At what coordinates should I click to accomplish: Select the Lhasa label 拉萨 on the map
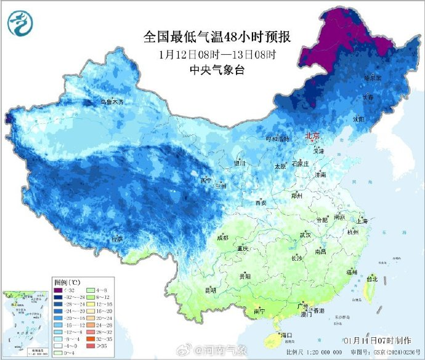pyautogui.click(x=117, y=238)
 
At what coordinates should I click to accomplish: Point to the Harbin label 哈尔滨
pyautogui.click(x=373, y=78)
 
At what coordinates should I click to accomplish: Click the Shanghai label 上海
pyautogui.click(x=362, y=221)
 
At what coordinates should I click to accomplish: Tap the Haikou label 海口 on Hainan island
pyautogui.click(x=285, y=335)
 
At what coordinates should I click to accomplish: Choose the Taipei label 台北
pyautogui.click(x=371, y=279)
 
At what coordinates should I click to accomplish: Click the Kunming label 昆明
pyautogui.click(x=211, y=290)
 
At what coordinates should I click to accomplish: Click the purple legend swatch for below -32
pyautogui.click(x=59, y=290)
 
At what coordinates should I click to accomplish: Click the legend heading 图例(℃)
pyautogui.click(x=67, y=282)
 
